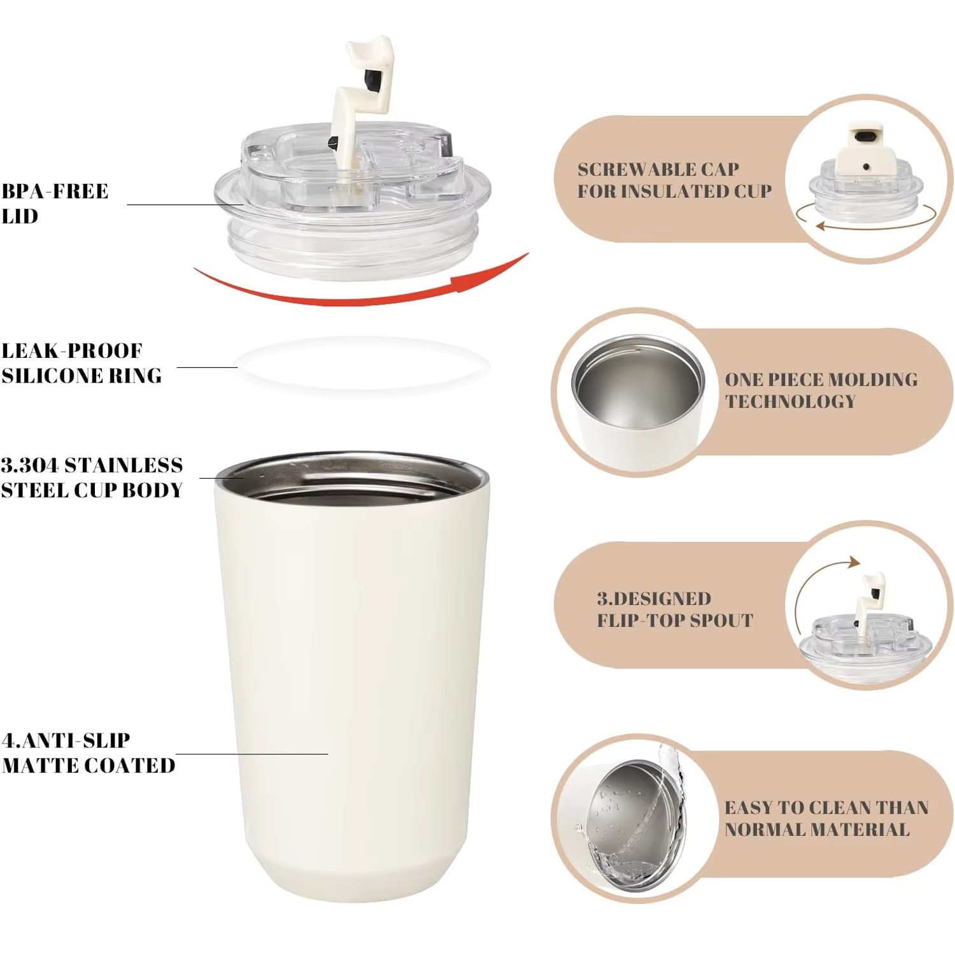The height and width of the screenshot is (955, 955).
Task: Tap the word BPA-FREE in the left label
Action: [55, 191]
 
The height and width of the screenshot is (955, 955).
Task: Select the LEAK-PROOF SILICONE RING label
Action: [81, 363]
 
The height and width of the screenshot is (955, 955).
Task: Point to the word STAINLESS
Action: [124, 465]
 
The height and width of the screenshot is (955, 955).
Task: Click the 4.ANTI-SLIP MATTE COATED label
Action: [88, 753]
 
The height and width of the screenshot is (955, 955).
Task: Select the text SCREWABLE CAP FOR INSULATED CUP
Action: [674, 180]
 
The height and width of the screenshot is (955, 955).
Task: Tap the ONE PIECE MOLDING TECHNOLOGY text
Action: [821, 390]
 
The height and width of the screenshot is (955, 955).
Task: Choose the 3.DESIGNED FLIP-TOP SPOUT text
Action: [674, 609]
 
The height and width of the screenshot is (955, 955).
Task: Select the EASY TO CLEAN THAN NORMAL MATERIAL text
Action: [826, 818]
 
